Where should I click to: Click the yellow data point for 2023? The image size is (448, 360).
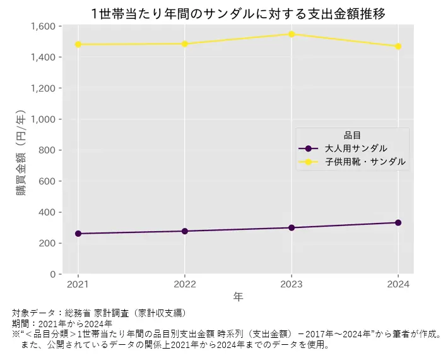coord(292,34)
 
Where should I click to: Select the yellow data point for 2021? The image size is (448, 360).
coord(78,44)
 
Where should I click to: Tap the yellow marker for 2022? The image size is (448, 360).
coord(185,44)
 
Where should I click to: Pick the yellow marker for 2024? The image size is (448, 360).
coord(398,46)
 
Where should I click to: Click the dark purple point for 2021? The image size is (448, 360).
coord(78,234)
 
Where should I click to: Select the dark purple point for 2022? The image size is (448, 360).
coord(185,231)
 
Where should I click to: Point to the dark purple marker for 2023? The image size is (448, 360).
coord(292,227)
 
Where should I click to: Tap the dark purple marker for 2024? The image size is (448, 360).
coord(398,222)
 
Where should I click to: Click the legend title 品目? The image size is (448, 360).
coord(352,135)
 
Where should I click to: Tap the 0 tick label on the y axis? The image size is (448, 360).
coord(54,274)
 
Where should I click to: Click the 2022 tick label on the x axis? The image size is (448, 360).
coord(185,284)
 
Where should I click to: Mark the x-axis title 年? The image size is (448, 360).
coord(238,296)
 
